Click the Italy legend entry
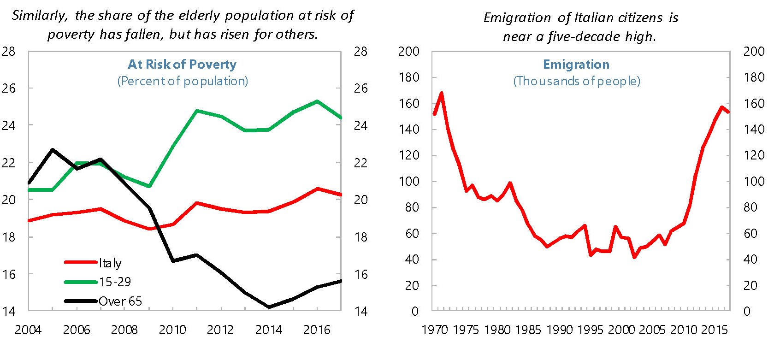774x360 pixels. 110,263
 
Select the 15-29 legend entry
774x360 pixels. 115,282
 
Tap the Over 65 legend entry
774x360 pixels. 120,301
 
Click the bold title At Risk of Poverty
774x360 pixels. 182,65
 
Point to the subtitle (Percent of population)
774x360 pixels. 183,81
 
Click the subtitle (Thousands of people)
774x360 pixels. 577,81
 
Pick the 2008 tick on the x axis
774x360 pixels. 124,330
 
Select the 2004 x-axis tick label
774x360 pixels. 28,330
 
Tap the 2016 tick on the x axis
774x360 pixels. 317,330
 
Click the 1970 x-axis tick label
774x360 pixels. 435,330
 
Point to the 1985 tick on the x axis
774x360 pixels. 528,330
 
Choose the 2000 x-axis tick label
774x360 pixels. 622,330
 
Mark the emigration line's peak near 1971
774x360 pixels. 442,93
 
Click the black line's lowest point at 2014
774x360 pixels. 269,307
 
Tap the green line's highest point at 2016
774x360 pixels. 317,101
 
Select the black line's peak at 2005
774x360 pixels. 53,149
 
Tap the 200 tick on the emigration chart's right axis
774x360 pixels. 754,51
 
